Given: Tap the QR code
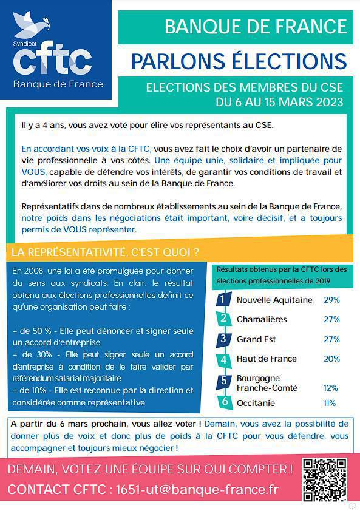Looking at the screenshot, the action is (x=325, y=479).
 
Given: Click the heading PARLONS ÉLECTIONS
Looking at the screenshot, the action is (x=239, y=61).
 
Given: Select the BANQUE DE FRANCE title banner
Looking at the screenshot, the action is (x=256, y=27).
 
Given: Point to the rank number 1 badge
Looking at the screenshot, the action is (x=224, y=300).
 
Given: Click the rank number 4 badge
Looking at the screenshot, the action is (x=224, y=359).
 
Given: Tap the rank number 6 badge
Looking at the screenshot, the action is (x=224, y=401).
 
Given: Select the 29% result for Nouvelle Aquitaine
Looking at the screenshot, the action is (x=331, y=300).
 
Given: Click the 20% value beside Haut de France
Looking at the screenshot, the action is (x=331, y=359).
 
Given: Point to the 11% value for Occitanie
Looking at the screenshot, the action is (x=330, y=403).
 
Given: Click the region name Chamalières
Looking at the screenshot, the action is (x=262, y=319).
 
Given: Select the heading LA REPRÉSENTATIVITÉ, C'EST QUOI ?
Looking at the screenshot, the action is (x=103, y=252).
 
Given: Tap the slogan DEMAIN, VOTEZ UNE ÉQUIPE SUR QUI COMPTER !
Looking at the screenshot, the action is (x=150, y=469).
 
